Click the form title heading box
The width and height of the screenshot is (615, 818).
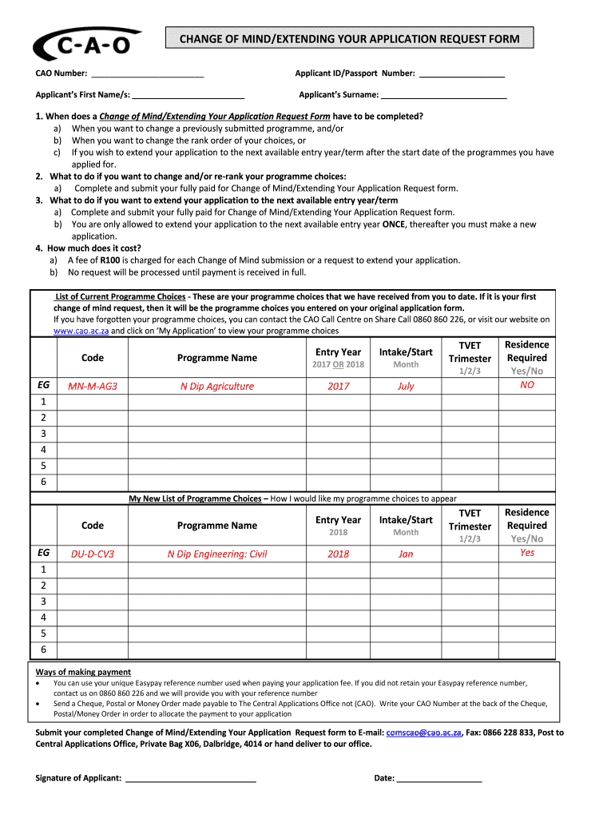click(348, 38)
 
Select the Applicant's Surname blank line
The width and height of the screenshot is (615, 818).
click(444, 95)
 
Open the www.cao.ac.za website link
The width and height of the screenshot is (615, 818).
click(81, 331)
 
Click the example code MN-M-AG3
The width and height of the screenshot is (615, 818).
click(93, 386)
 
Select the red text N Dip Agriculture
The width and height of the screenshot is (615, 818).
click(216, 386)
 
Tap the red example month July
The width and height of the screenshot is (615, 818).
click(406, 386)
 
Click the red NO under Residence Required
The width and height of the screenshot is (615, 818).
click(526, 384)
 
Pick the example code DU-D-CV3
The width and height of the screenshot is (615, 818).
click(93, 554)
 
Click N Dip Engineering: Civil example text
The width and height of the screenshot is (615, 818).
click(216, 554)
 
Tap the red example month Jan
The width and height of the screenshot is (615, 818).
click(406, 554)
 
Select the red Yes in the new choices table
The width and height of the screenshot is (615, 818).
click(526, 552)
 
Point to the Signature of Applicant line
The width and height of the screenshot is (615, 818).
click(190, 778)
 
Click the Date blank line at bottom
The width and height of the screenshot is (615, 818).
click(439, 778)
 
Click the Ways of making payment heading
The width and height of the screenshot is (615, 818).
click(84, 672)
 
